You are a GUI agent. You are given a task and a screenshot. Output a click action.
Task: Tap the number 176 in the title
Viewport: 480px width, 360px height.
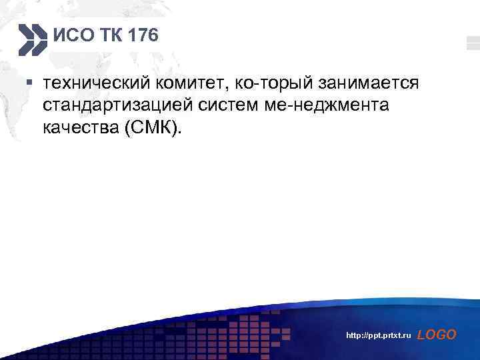[145, 35]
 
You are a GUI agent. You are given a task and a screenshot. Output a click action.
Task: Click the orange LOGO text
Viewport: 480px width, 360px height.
[437, 335]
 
